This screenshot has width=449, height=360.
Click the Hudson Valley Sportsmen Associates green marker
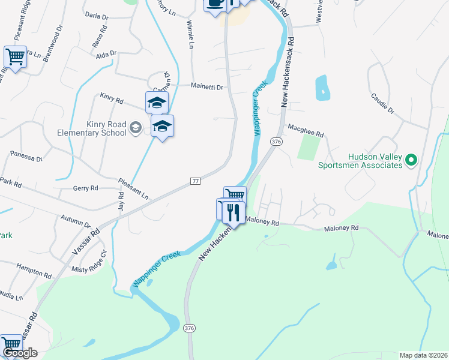pos(411,160)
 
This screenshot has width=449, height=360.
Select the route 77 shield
pos(194,181)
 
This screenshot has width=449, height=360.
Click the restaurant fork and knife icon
pos(234,211)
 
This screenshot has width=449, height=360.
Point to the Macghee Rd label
pos(306,127)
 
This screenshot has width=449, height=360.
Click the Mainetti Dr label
pos(207,86)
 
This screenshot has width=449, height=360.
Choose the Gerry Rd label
pos(85,188)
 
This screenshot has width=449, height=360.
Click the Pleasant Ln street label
pos(133,188)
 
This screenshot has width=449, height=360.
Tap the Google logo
pos(20,353)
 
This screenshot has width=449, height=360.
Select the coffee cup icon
pos(215,4)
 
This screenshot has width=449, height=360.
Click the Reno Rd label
pos(100,38)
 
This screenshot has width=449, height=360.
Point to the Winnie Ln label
pos(190,36)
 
